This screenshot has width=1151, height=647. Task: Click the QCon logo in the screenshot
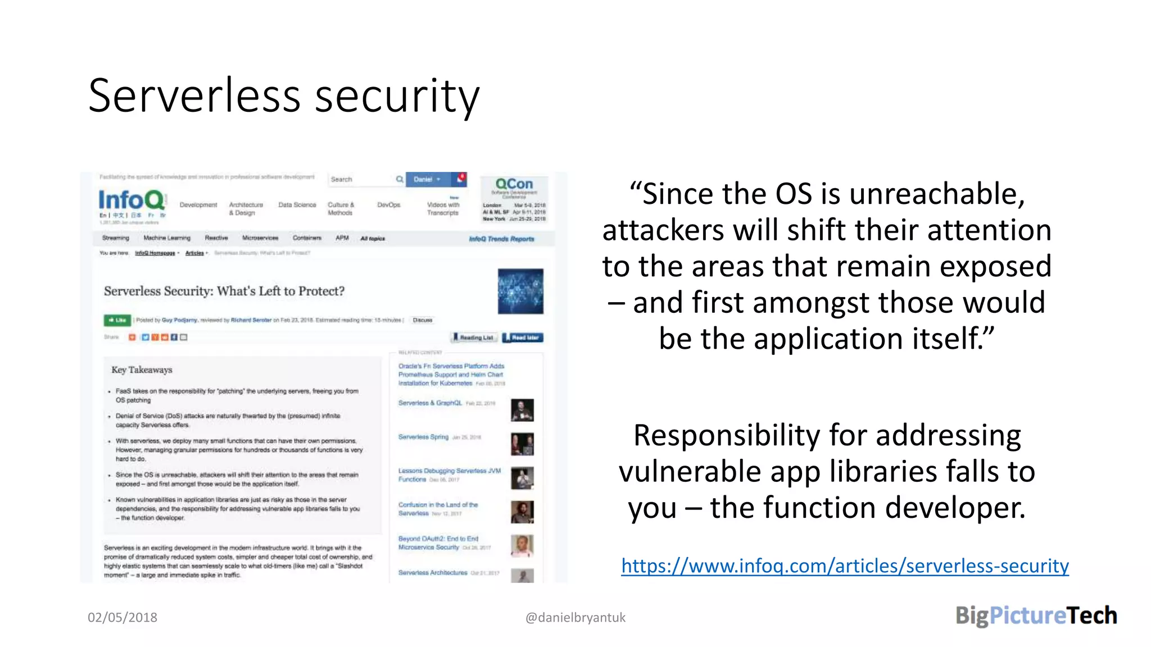pyautogui.click(x=514, y=184)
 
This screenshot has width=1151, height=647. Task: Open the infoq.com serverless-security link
pyautogui.click(x=845, y=566)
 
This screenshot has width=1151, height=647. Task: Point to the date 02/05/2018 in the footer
pyautogui.click(x=123, y=617)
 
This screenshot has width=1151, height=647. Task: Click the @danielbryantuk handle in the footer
pyautogui.click(x=575, y=617)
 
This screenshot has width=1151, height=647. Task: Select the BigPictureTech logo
pyautogui.click(x=1036, y=616)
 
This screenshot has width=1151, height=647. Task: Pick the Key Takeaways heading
pyautogui.click(x=142, y=370)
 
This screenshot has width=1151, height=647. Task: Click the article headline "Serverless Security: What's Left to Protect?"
pyautogui.click(x=224, y=291)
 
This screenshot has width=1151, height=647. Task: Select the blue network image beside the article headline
pyautogui.click(x=520, y=291)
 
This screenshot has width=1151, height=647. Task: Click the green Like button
pyautogui.click(x=117, y=320)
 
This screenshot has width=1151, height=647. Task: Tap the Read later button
pyautogui.click(x=523, y=338)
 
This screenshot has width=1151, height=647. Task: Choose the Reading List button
pyautogui.click(x=474, y=338)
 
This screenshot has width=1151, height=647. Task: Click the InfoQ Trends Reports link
pyautogui.click(x=501, y=239)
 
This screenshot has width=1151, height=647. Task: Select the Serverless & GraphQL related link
pyautogui.click(x=430, y=403)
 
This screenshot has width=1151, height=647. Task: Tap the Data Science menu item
pyautogui.click(x=297, y=205)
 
